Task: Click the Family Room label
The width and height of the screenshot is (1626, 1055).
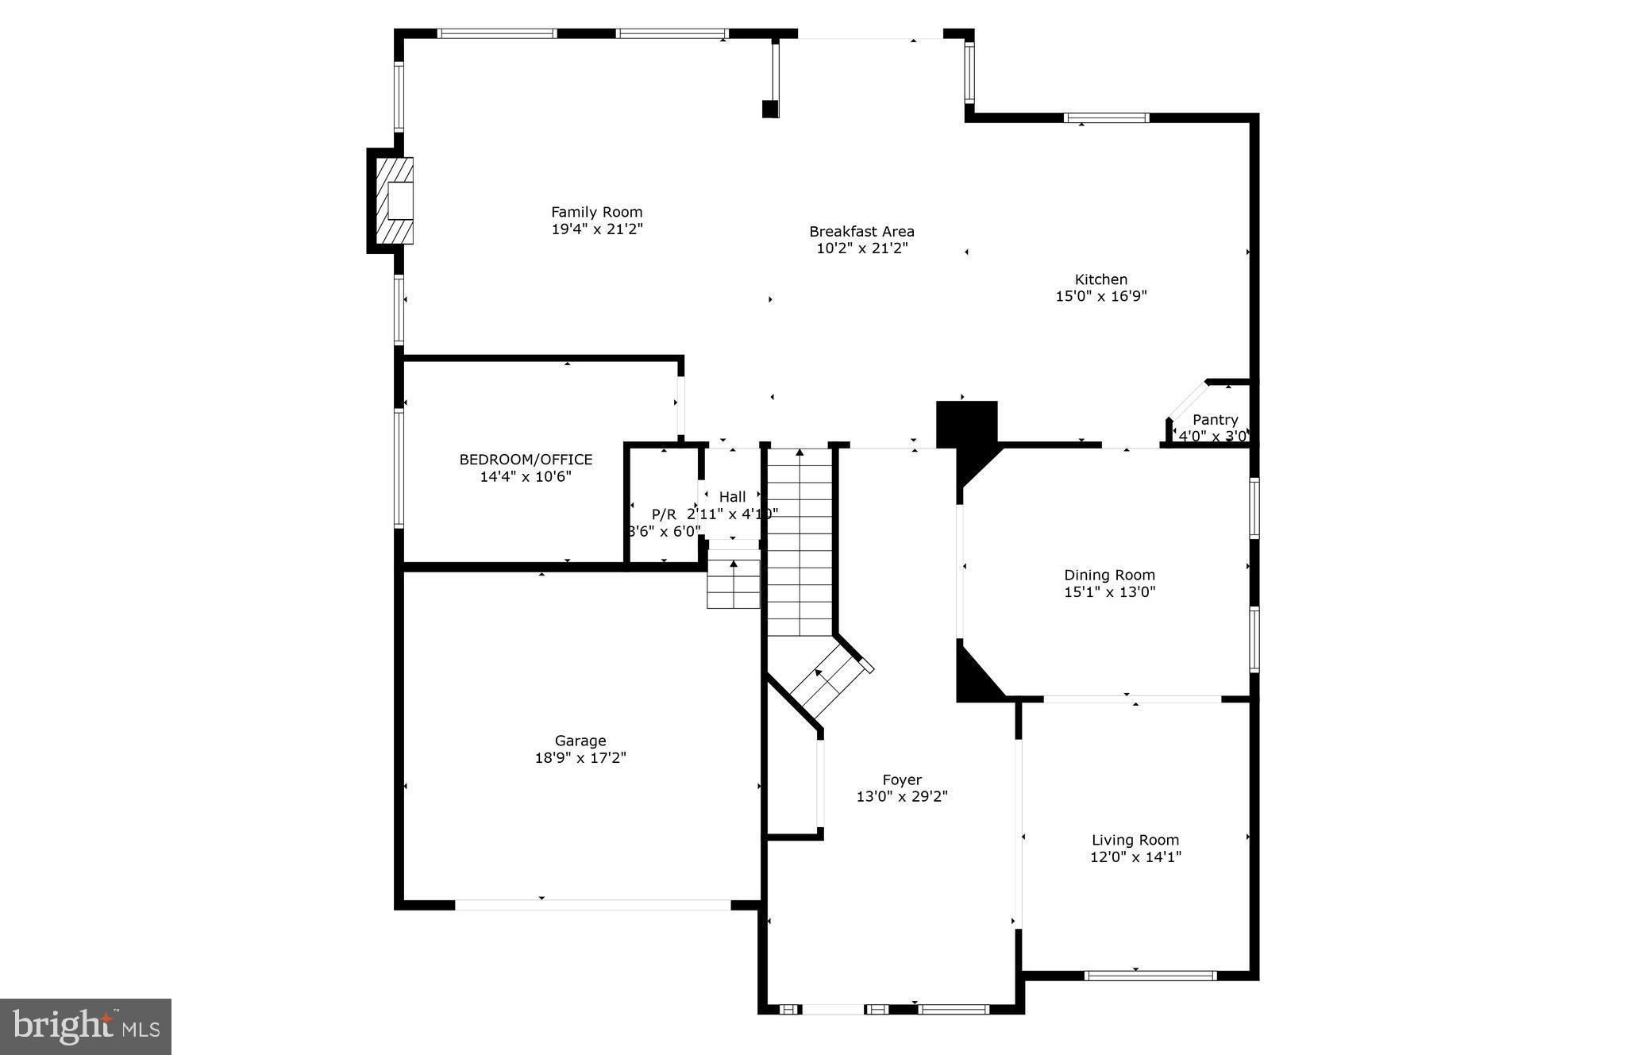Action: tap(596, 212)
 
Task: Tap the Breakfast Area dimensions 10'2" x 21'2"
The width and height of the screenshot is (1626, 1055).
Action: tap(861, 248)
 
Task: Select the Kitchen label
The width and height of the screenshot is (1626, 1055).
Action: tap(1100, 279)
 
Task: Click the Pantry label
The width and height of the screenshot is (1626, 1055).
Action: tap(1215, 420)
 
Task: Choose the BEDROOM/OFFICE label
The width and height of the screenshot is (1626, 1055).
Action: tap(526, 460)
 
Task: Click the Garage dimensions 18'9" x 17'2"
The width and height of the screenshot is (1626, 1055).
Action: tap(580, 758)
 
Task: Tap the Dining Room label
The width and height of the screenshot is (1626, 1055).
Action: tap(1109, 575)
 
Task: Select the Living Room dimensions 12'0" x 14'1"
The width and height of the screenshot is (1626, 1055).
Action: tap(1135, 857)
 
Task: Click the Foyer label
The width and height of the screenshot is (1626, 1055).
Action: tap(902, 780)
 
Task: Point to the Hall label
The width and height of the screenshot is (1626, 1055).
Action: tap(732, 497)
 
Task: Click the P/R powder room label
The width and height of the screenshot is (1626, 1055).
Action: tap(664, 514)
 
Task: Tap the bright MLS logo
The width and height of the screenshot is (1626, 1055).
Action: tap(86, 1026)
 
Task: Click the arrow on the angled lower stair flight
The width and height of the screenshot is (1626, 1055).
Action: tap(819, 674)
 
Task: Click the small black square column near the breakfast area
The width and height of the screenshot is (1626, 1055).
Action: tap(769, 110)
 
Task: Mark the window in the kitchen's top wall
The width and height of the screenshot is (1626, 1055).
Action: tap(1106, 118)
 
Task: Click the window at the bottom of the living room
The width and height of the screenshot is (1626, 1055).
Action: tap(1150, 975)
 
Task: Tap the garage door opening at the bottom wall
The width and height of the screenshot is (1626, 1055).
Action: tap(592, 904)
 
